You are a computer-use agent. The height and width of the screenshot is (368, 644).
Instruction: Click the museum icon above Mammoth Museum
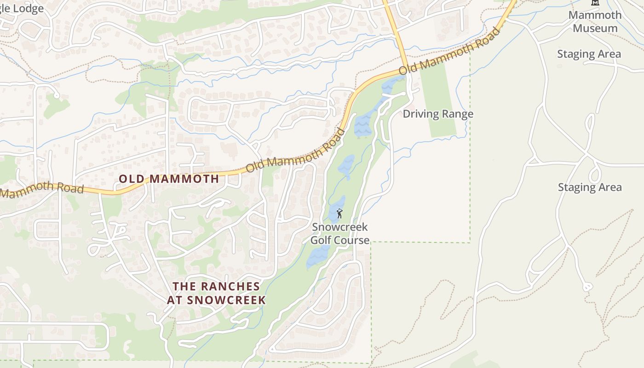click(x=595, y=2)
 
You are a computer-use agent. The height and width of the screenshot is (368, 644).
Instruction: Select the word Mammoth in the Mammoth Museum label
click(x=595, y=15)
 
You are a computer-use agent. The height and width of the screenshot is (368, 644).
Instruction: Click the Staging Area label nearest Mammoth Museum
click(x=589, y=54)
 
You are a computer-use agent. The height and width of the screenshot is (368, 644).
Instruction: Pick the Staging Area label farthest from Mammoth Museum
click(x=590, y=188)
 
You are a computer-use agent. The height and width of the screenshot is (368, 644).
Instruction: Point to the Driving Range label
click(x=438, y=114)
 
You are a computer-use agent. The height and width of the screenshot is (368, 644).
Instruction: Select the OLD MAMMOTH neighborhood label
click(x=169, y=179)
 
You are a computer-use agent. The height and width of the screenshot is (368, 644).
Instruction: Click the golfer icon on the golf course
click(x=339, y=213)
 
